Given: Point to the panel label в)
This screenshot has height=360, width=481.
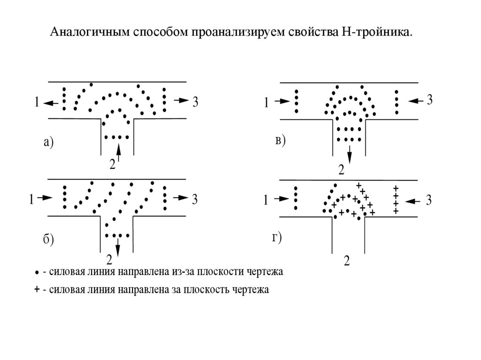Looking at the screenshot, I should click(x=280, y=140).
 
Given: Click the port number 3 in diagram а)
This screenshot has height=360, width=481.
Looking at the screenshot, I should click(x=196, y=101).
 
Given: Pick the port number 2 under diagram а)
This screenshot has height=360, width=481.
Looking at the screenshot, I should click(x=112, y=164).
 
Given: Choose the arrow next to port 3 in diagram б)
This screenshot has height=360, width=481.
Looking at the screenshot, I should click(x=180, y=199).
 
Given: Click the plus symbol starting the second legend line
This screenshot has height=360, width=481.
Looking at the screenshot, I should click(x=37, y=290).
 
